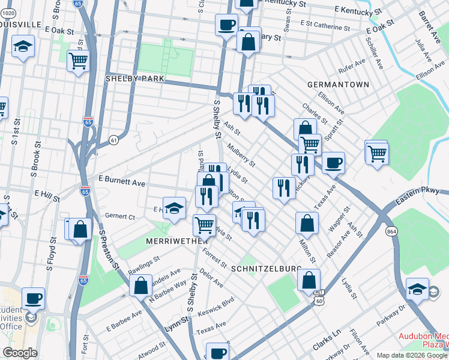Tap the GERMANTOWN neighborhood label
pos(338,85)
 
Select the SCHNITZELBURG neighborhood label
pos(262,270)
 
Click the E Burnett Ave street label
pos(122,181)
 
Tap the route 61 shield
pos(113,139)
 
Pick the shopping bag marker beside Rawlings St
pos(140,285)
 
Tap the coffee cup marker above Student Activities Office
pos(34,298)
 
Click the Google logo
pos(20,353)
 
